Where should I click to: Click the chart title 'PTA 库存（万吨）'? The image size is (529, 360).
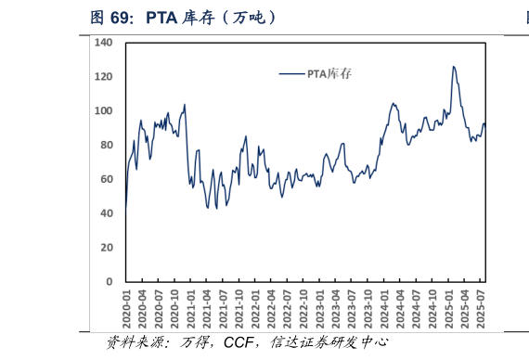coord(213,18)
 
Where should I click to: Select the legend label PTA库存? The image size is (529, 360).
coord(329,73)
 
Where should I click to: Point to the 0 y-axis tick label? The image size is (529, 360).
coord(108,281)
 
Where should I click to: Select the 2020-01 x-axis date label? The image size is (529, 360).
coord(125,306)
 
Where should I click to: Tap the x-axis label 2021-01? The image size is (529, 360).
coord(190,306)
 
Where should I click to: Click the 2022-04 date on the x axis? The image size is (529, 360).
coord(272,306)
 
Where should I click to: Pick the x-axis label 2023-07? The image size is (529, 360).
coord(353,306)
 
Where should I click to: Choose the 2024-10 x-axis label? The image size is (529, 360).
coord(433,306)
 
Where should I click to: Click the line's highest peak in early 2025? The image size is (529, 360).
coord(453,67)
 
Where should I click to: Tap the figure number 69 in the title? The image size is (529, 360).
coord(124,18)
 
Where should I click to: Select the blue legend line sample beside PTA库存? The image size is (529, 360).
coord(293,73)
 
